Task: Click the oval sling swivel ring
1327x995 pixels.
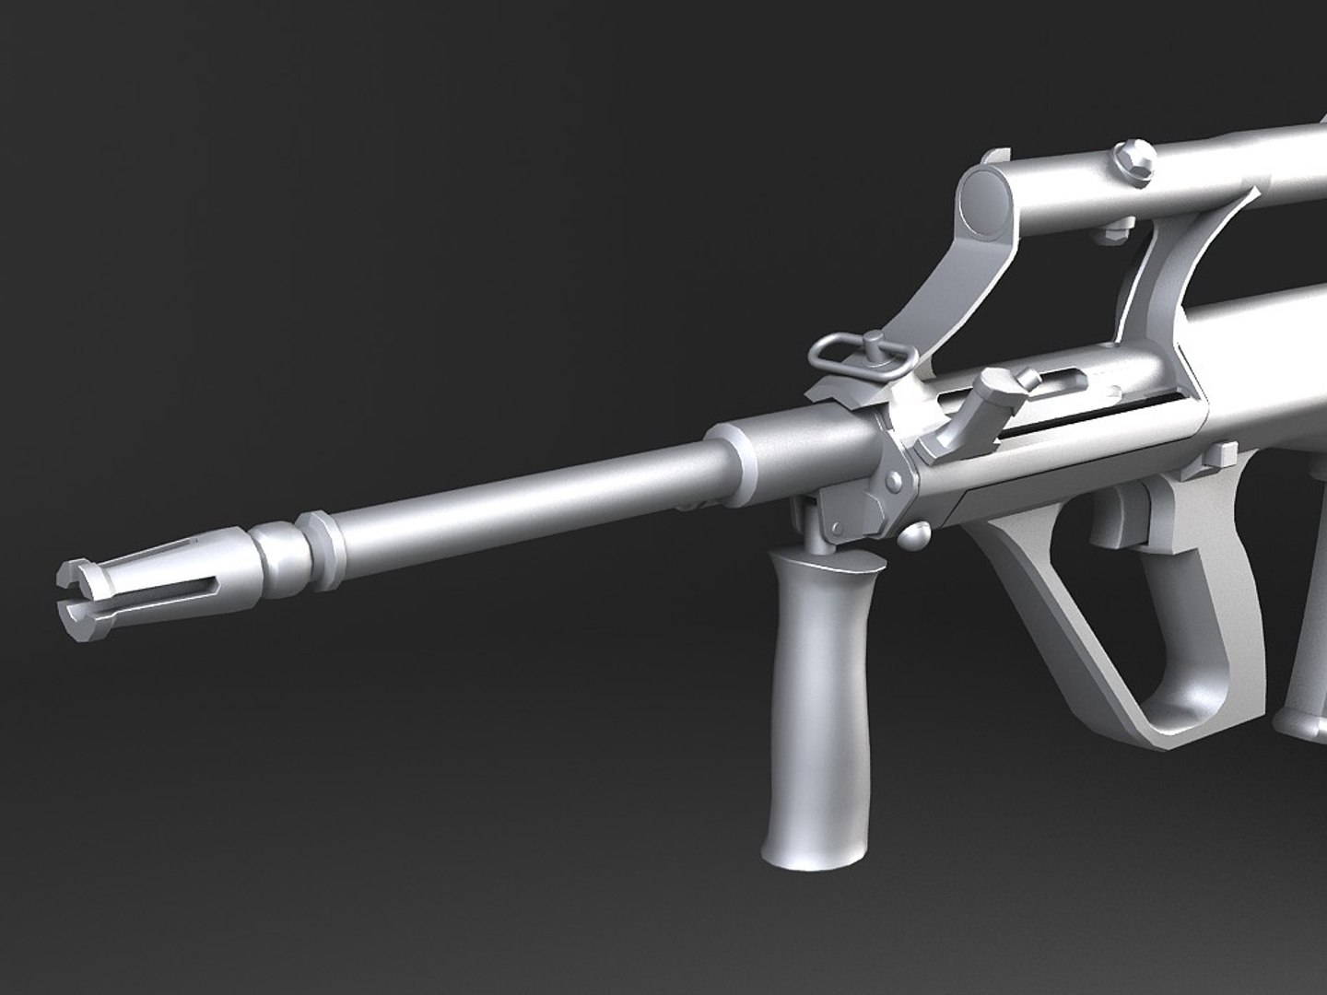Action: tap(843, 349)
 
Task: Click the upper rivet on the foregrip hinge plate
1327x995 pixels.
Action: tap(893, 481)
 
